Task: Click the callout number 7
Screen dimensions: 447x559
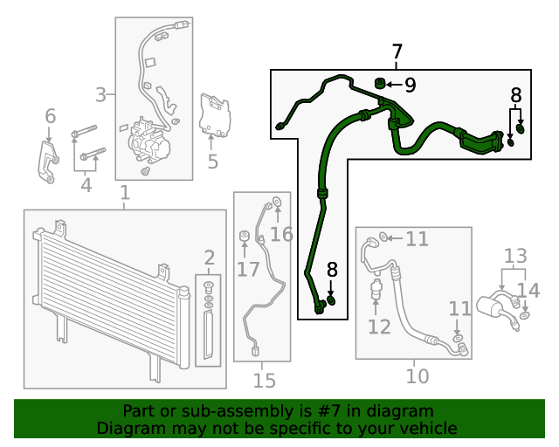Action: pos(397,52)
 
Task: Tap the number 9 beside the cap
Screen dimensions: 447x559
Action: pos(410,85)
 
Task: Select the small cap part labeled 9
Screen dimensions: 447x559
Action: pos(381,84)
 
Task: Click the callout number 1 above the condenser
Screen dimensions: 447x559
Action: pos(125,192)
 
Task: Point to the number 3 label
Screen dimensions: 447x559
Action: pos(102,93)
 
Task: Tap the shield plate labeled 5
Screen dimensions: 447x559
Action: pos(214,114)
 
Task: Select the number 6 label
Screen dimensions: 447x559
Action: pos(50,116)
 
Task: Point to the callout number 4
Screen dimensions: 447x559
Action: pos(86,185)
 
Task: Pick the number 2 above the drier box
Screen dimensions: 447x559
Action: pos(209,257)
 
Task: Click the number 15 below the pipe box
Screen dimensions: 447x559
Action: pos(264,380)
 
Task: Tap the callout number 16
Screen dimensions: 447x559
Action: pos(281,233)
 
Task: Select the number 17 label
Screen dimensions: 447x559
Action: pos(248,267)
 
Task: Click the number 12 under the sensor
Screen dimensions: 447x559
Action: pos(379,327)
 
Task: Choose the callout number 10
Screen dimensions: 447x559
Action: pos(418,376)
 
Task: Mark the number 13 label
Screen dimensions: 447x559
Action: pos(515,256)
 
